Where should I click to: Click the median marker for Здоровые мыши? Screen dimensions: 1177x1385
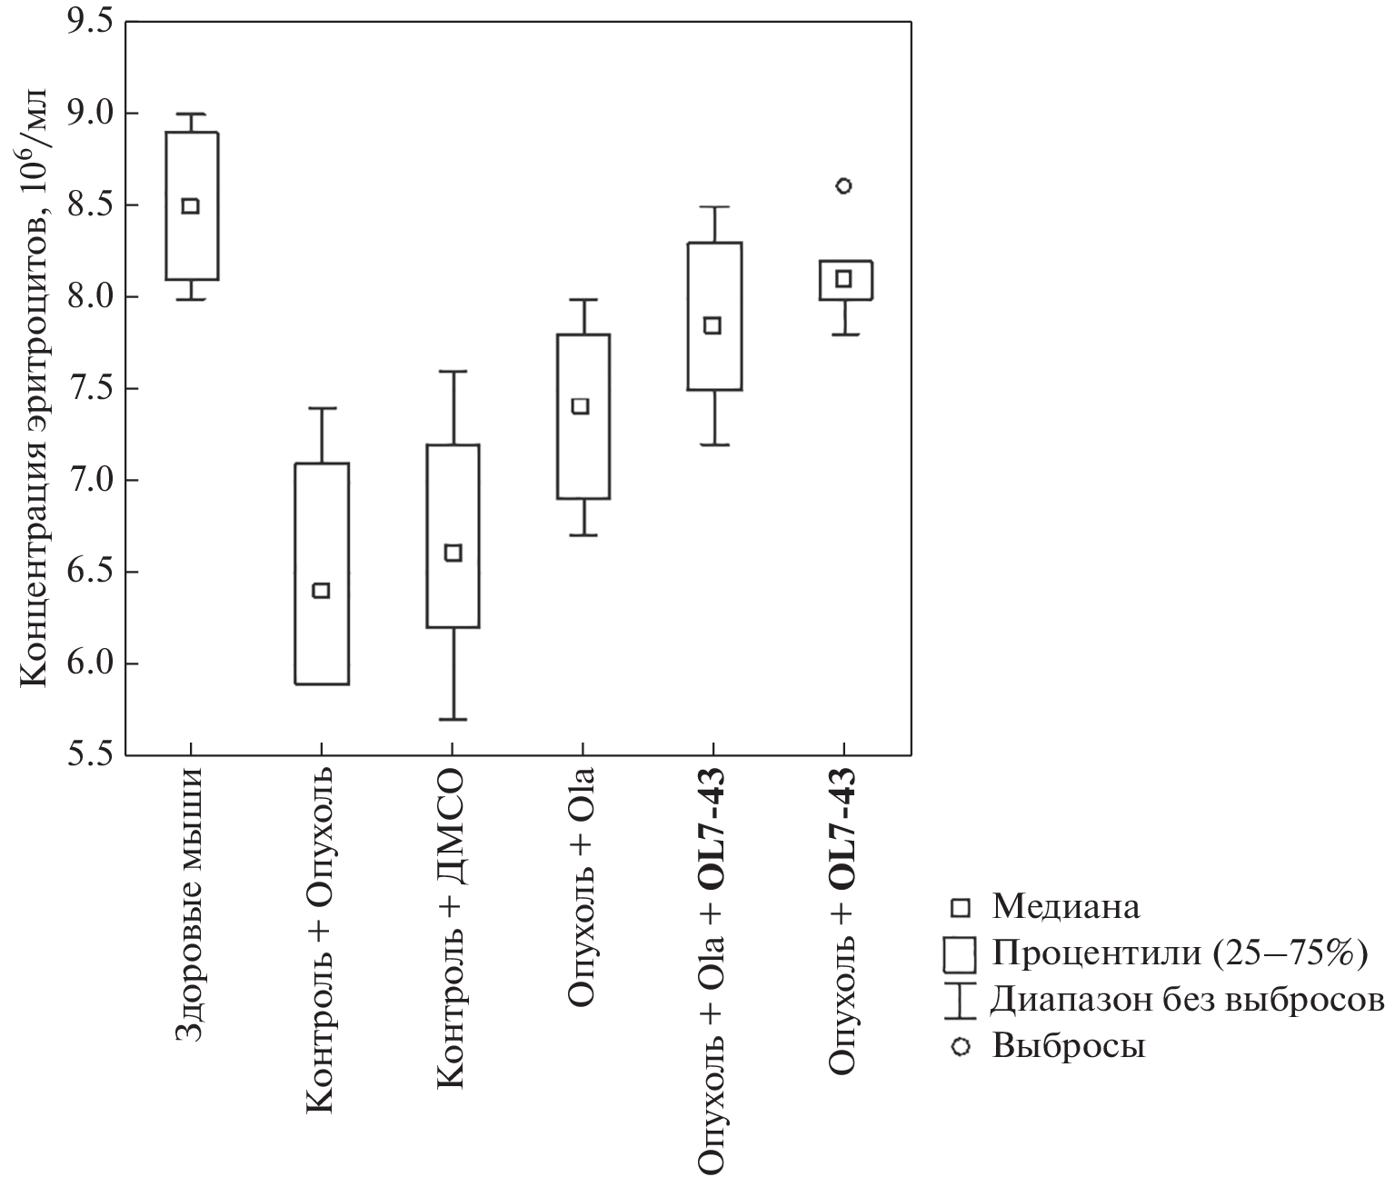(x=190, y=205)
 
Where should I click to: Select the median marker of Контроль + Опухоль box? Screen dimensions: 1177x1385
(x=321, y=591)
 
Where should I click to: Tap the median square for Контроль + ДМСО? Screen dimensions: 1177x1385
(x=453, y=553)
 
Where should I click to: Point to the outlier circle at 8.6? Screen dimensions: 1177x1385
(x=843, y=186)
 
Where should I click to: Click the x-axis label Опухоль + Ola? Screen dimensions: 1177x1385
(x=582, y=887)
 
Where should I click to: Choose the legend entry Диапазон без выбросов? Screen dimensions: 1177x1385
(x=1187, y=1000)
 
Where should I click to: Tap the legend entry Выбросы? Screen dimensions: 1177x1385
(x=1068, y=1046)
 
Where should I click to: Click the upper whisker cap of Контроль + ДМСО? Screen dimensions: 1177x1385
(x=453, y=371)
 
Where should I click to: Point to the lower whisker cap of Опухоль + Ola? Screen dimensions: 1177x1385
(x=583, y=535)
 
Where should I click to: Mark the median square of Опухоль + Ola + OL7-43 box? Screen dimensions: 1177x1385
(x=713, y=325)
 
